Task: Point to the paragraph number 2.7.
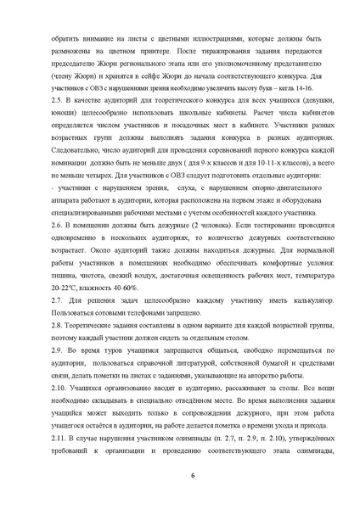(x=57, y=301)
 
